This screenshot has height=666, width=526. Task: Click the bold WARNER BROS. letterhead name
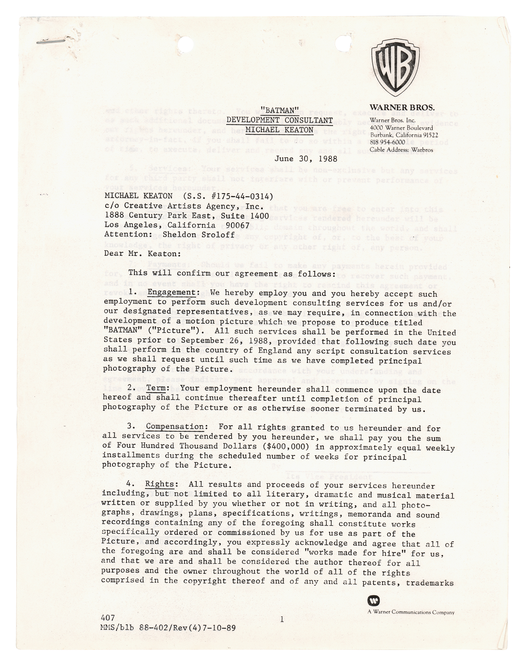402,108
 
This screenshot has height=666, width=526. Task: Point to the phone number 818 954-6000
387,143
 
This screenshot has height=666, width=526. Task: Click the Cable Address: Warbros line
401,150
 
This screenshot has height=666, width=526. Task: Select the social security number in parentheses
226,196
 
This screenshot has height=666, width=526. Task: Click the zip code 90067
237,225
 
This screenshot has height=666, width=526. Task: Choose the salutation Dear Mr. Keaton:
143,253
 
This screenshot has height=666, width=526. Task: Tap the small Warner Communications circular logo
373,601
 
